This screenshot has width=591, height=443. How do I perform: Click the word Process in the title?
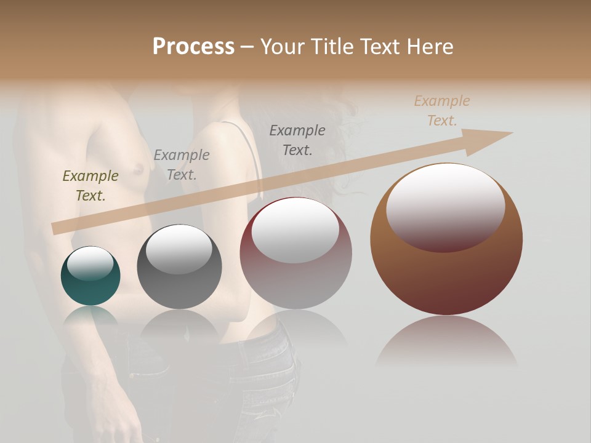193,47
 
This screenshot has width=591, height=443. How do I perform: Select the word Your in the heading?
281,47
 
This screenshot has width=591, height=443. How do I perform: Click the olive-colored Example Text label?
90,185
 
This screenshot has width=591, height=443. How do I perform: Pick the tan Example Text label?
442,111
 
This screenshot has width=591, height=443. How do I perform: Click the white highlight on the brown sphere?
446,206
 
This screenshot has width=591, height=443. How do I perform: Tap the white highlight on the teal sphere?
90,263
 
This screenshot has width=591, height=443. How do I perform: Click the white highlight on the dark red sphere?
295,230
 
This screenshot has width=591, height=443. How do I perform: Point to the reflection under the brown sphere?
446,341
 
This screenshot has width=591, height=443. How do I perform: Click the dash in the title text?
247,47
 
